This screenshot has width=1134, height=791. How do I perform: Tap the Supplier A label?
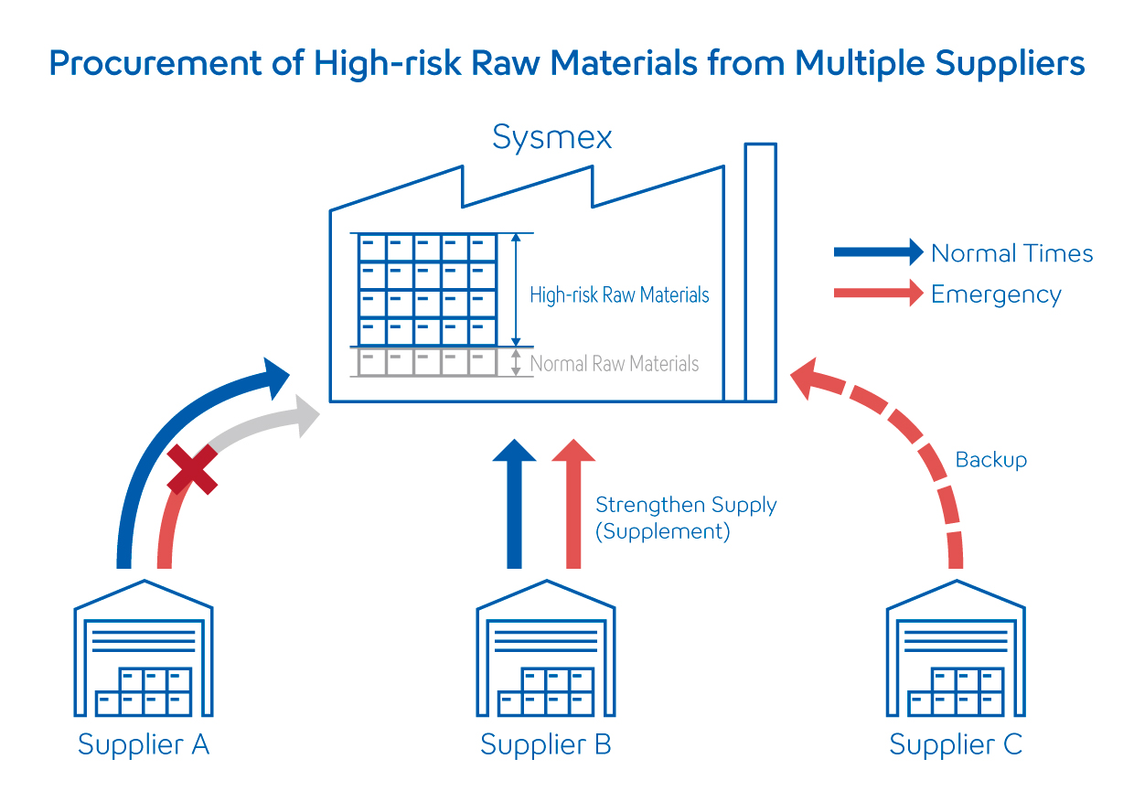coord(144,745)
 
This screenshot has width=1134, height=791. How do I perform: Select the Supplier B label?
coord(546,745)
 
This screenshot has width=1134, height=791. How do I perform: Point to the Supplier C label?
coord(956,745)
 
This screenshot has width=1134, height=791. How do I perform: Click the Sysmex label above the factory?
coord(551,138)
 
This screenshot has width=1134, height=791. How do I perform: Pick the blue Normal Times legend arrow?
coord(878,251)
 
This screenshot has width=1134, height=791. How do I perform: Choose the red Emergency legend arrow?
coord(878,294)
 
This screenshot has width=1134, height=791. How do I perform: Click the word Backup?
coord(990,459)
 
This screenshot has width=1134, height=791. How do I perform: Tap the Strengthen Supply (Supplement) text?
coord(686,518)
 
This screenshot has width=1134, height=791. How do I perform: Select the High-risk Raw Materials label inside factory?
coord(619,295)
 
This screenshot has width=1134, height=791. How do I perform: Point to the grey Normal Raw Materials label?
coord(615,364)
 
